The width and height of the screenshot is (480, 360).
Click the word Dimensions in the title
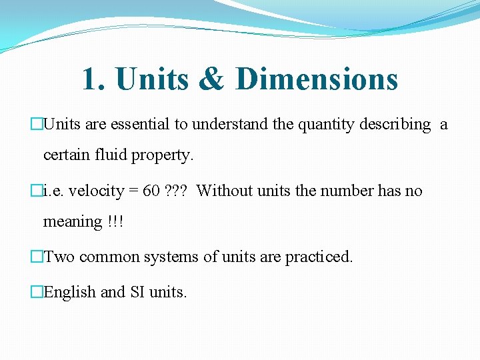pyautogui.click(x=317, y=79)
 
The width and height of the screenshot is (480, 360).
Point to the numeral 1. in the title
pyautogui.click(x=94, y=79)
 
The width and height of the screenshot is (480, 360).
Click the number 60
pyautogui.click(x=151, y=191)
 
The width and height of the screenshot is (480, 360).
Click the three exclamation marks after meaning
pyautogui.click(x=114, y=221)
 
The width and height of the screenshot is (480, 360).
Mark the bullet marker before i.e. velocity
pyautogui.click(x=37, y=191)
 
